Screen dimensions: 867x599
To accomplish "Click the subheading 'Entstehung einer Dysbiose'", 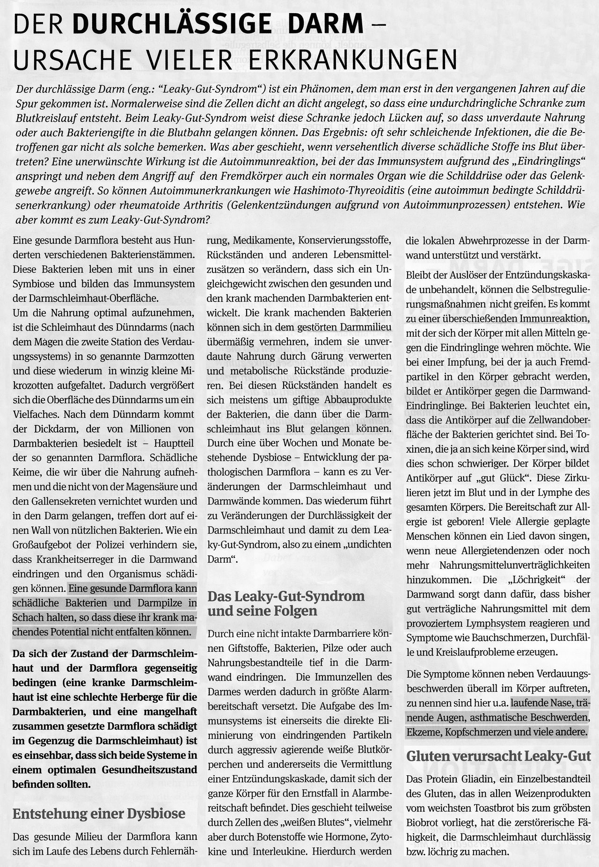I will tap(99, 814).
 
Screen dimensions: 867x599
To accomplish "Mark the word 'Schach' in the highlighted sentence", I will tap(28, 617).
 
